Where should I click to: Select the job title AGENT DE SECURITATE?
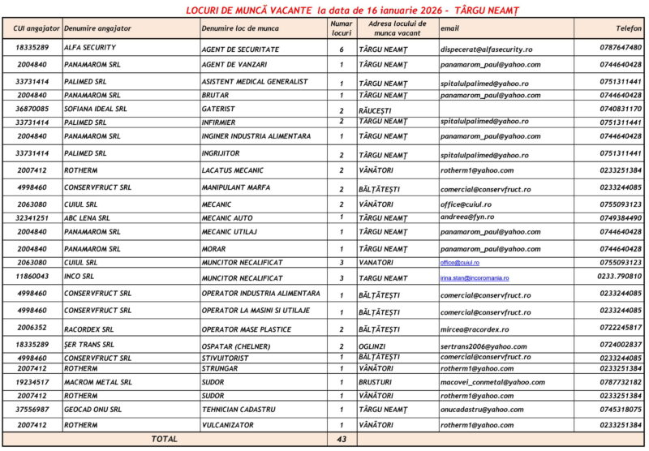(x=240, y=49)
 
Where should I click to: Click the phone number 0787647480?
(x=621, y=48)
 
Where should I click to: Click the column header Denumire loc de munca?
(x=240, y=28)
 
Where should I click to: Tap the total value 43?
(x=342, y=439)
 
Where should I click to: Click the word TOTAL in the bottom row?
(x=165, y=439)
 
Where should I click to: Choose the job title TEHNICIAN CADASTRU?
(x=239, y=410)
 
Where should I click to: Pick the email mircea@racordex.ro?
(x=475, y=329)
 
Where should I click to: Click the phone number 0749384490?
(x=621, y=217)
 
